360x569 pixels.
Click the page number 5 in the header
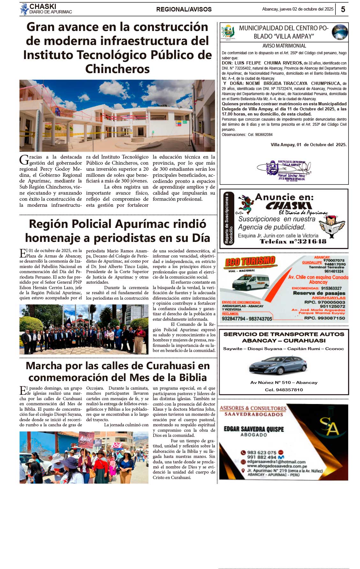(x=343, y=9)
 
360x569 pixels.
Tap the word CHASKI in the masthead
(x=43, y=6)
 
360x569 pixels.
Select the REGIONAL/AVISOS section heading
(x=184, y=10)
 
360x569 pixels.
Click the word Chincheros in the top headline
(x=117, y=69)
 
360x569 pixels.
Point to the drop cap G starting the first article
(x=24, y=160)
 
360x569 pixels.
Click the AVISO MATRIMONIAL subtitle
(x=284, y=46)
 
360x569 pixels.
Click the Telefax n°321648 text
(x=293, y=242)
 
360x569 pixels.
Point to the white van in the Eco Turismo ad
(x=251, y=282)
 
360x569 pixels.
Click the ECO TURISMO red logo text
(x=250, y=262)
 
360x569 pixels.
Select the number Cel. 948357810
(x=284, y=390)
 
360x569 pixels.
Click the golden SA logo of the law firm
(x=329, y=426)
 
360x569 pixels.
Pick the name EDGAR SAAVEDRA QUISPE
(x=254, y=429)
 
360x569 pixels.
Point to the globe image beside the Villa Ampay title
(x=340, y=32)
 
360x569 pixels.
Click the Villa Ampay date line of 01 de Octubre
(x=308, y=145)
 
